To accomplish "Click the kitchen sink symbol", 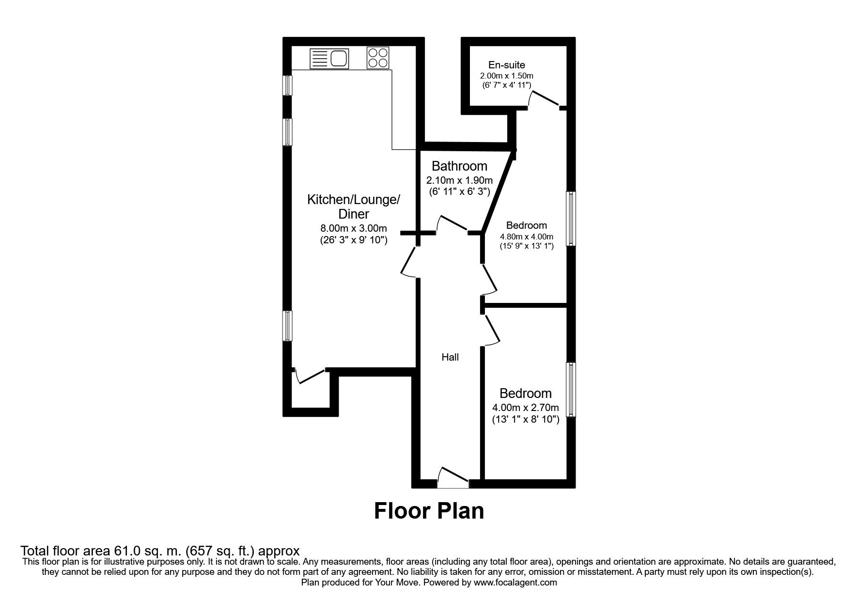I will tap(329, 59).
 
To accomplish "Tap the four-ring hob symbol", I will tap(378, 58).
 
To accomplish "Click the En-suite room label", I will tap(506, 65).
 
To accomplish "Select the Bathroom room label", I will tap(459, 166).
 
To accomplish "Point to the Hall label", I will tap(450, 357).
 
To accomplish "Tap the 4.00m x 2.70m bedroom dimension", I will tap(526, 408).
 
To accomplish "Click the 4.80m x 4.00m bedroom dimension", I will tap(526, 237).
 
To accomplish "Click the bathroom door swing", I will tap(452, 224).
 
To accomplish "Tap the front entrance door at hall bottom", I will tap(453, 478).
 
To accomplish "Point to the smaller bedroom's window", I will tap(572, 389).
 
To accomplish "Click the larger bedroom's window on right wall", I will tap(572, 218).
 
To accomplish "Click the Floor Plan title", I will tap(429, 511).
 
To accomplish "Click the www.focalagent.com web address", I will tap(515, 583).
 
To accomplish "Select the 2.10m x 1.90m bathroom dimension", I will tap(459, 180).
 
